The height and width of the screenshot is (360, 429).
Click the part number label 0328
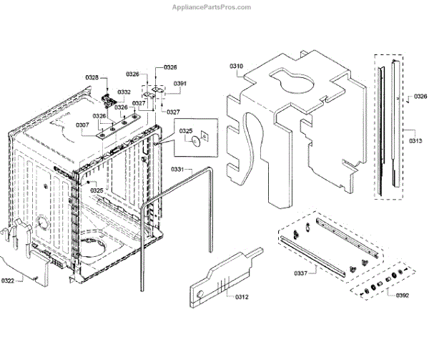click(92, 77)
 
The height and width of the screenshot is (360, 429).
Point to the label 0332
click(124, 92)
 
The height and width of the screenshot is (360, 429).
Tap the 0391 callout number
click(179, 84)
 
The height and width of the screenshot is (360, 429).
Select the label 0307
click(82, 125)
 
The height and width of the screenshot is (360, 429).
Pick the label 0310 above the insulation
click(236, 67)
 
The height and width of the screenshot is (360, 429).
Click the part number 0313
click(415, 141)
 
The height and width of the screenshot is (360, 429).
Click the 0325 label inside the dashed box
click(186, 130)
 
